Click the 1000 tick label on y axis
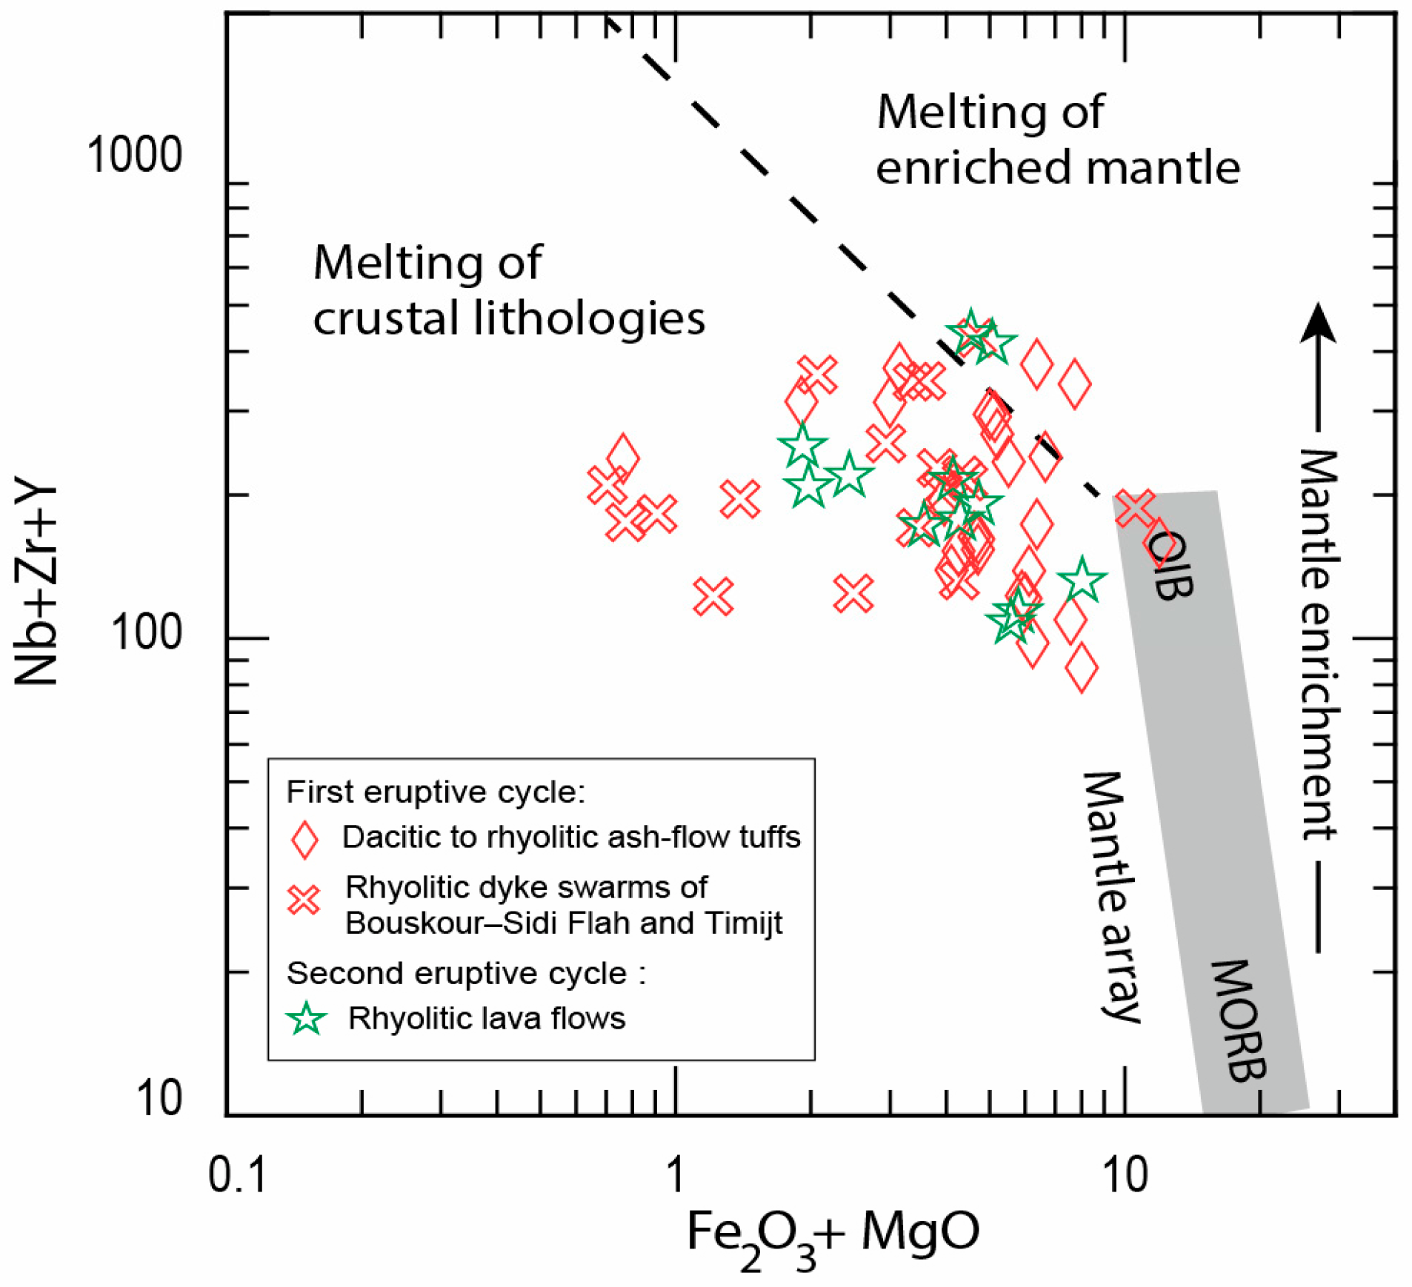click(x=134, y=156)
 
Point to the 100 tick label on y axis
click(x=146, y=634)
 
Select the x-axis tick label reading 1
click(x=674, y=1174)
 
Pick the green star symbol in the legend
click(x=306, y=1019)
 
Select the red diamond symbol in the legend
click(x=304, y=840)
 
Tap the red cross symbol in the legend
click(x=304, y=900)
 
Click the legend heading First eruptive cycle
click(x=436, y=792)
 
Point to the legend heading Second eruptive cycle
click(x=465, y=973)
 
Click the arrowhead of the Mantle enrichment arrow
click(x=1318, y=323)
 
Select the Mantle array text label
click(x=1111, y=897)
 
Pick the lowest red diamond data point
click(x=1082, y=667)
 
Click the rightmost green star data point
click(x=1082, y=580)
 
